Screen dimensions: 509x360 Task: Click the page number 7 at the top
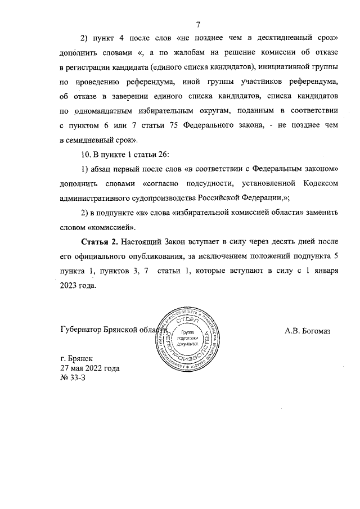click(198, 24)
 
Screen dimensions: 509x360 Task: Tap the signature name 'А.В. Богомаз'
click(307, 330)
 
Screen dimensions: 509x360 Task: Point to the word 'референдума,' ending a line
click(312, 82)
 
